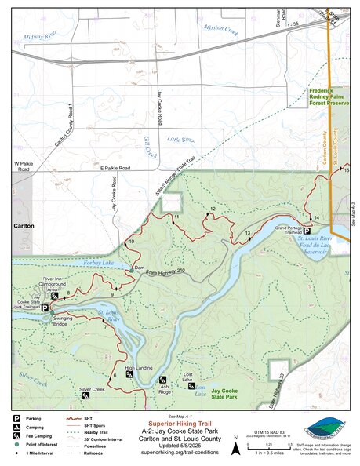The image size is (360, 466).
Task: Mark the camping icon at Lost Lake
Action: (191, 386)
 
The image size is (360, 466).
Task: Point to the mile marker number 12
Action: (212, 209)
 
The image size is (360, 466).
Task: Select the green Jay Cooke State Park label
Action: (224, 394)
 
